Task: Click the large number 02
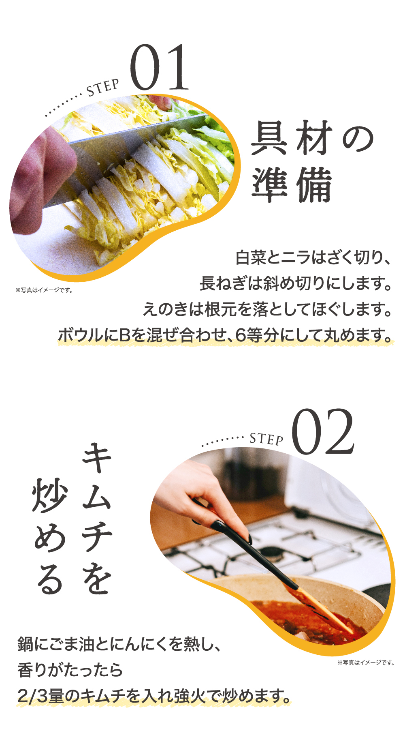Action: click(323, 432)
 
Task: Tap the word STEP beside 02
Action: click(266, 439)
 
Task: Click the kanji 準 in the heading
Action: click(270, 184)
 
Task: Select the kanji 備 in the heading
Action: click(314, 184)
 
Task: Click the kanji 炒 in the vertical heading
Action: click(50, 495)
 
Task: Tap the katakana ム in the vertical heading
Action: click(97, 494)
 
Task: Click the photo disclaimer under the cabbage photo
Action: click(44, 290)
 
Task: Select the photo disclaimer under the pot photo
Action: click(366, 662)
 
